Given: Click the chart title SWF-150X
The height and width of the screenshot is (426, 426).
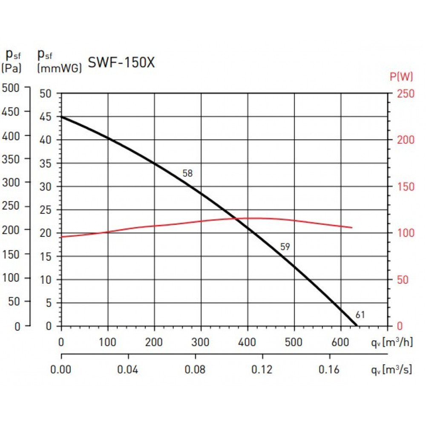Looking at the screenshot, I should [x=121, y=63].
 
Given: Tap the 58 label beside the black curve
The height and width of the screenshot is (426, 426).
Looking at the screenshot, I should [x=187, y=173].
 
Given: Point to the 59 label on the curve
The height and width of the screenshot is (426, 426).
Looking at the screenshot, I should [x=285, y=247].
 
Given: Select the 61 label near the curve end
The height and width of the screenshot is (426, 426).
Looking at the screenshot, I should [x=360, y=315].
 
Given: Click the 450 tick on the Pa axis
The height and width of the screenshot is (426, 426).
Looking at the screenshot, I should [x=12, y=112].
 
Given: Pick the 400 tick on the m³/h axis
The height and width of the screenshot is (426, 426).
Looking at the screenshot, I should [x=248, y=342].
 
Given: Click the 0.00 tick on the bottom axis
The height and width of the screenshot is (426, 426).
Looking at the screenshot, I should [x=61, y=369].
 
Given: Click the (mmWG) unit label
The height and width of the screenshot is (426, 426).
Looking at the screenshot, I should [x=59, y=67].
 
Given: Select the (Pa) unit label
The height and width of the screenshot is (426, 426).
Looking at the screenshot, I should [x=12, y=67].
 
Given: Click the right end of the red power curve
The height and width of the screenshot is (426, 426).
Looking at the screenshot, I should [x=352, y=227].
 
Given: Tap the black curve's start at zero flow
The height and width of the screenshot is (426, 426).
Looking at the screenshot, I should [x=62, y=116].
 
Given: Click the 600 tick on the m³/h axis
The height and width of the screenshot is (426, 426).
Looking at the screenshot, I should [x=341, y=342].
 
